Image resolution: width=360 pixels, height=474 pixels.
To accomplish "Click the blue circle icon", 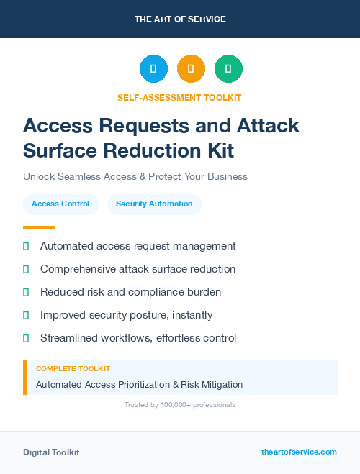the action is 153,68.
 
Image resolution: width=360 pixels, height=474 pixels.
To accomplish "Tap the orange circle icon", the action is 191,68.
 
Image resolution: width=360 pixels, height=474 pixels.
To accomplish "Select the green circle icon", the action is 228,68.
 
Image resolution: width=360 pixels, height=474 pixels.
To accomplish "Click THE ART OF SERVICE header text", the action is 180,19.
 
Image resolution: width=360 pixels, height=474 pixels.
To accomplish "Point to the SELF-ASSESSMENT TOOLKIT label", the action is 179,98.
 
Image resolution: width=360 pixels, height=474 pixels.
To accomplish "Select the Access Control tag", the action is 60,204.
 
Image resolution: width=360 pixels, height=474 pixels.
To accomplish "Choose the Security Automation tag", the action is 154,204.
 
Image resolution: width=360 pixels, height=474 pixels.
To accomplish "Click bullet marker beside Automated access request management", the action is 26,246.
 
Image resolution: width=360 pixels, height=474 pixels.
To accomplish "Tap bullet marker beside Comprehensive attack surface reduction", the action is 26,269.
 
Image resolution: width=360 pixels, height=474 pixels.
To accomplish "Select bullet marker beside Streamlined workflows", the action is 26,338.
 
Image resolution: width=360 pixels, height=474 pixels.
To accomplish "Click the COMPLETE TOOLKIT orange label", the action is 73,369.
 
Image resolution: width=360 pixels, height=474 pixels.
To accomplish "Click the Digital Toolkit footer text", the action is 51,452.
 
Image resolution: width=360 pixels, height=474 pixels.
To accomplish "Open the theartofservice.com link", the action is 299,452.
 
